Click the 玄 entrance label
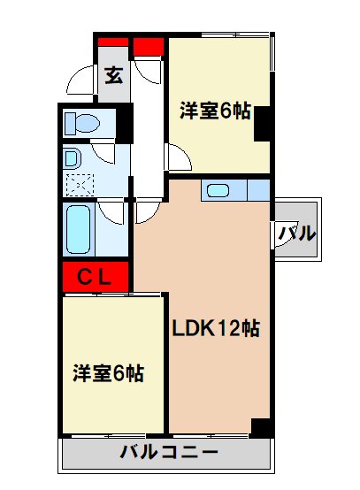[x=115, y=75]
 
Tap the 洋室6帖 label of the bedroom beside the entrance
[x=216, y=111]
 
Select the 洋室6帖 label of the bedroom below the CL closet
[x=108, y=373]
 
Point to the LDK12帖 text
[x=215, y=329]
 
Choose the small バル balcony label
[x=297, y=234]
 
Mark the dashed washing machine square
[x=80, y=186]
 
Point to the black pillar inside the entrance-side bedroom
[x=263, y=124]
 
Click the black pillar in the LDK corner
[x=261, y=426]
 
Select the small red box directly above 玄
[x=112, y=45]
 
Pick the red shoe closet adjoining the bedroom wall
[x=149, y=45]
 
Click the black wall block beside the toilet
[x=126, y=123]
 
